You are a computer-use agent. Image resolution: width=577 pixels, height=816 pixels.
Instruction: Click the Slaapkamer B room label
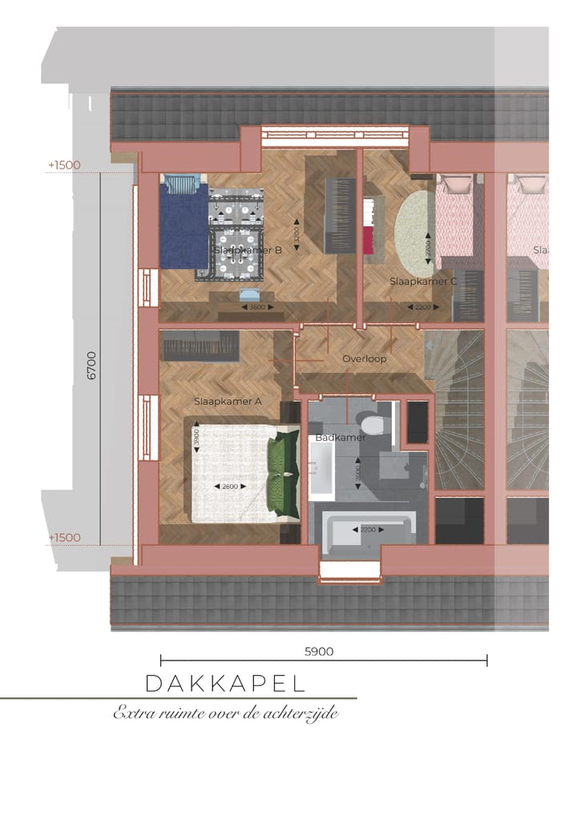[248, 250]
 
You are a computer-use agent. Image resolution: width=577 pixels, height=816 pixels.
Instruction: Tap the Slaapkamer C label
[423, 281]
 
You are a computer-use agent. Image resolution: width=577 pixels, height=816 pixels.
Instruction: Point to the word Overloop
[365, 359]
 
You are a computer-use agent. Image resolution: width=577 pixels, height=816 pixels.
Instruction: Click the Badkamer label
[340, 438]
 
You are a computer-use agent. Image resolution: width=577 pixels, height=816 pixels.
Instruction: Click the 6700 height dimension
[91, 364]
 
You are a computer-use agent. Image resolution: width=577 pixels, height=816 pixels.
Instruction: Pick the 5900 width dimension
[319, 652]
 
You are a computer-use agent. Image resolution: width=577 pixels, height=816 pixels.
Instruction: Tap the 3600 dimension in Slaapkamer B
[256, 307]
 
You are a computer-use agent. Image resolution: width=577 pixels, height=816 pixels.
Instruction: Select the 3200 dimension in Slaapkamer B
[297, 233]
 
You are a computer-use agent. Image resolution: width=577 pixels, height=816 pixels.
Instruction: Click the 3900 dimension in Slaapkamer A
[196, 438]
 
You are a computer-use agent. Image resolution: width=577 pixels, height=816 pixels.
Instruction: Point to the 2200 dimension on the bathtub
[368, 530]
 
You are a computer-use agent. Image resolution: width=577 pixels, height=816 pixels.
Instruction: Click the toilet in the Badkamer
[373, 422]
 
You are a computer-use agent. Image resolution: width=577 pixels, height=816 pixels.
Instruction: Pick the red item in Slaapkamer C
[369, 239]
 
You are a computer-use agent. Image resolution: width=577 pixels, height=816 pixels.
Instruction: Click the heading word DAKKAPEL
[226, 684]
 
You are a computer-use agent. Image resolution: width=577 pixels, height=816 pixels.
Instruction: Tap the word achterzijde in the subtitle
[302, 713]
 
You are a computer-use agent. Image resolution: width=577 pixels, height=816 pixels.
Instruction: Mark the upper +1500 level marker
[64, 165]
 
